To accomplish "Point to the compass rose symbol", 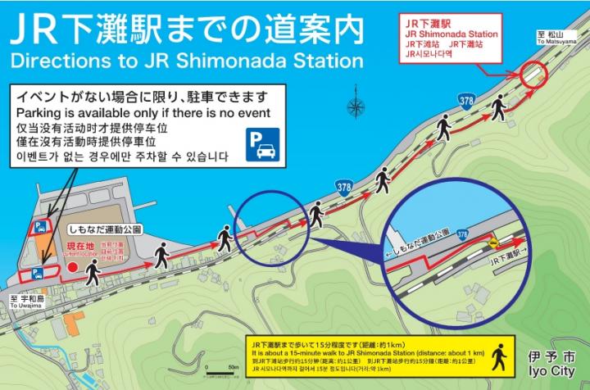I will tap(356, 107).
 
